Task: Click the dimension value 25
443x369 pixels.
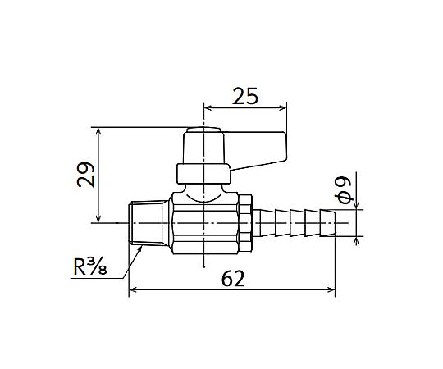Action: [x=245, y=96]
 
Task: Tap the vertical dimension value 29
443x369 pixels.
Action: [x=86, y=175]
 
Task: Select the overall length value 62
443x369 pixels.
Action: [x=233, y=279]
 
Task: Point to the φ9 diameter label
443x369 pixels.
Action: [x=345, y=189]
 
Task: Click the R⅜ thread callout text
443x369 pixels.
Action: [x=90, y=266]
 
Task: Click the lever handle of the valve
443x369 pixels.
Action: [x=256, y=151]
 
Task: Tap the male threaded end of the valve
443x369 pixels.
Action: [x=148, y=223]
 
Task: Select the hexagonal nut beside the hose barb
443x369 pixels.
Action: [x=245, y=223]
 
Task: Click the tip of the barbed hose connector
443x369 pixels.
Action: [x=336, y=223]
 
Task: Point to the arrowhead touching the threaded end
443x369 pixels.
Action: [x=139, y=248]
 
